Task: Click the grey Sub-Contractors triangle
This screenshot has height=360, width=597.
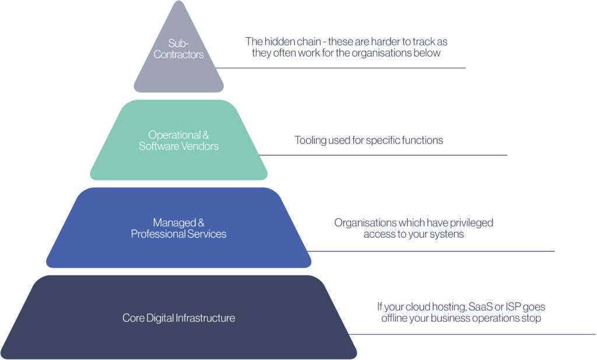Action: point(178,70)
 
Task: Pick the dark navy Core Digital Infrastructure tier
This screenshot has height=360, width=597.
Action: point(178,338)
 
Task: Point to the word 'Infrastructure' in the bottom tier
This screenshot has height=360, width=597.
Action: point(206,318)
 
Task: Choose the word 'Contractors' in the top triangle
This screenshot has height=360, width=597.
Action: point(178,55)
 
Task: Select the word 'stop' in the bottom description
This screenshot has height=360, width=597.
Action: point(531,318)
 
